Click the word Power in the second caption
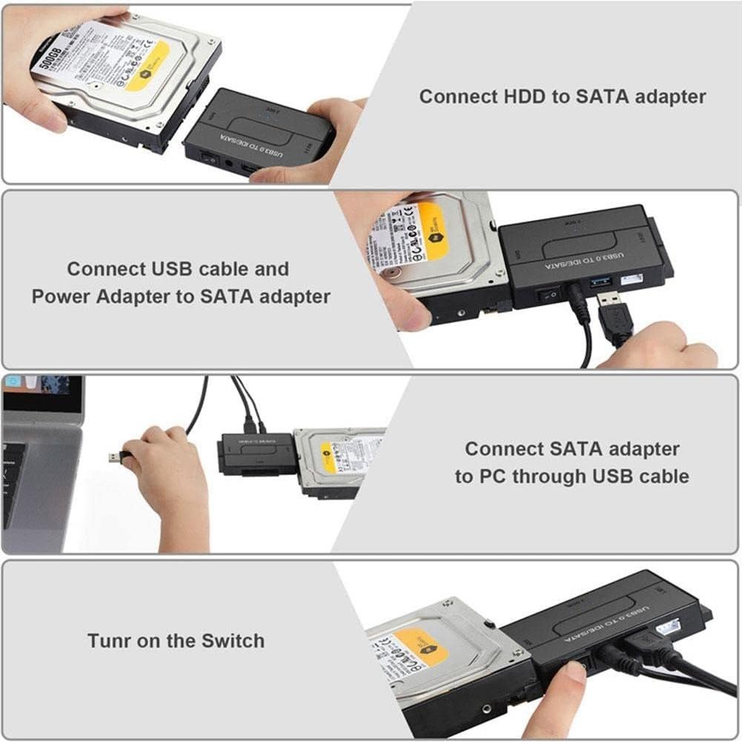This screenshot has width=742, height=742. tap(62, 297)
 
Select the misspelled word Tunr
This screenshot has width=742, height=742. tap(110, 640)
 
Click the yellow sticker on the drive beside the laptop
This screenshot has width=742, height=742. tap(328, 457)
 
